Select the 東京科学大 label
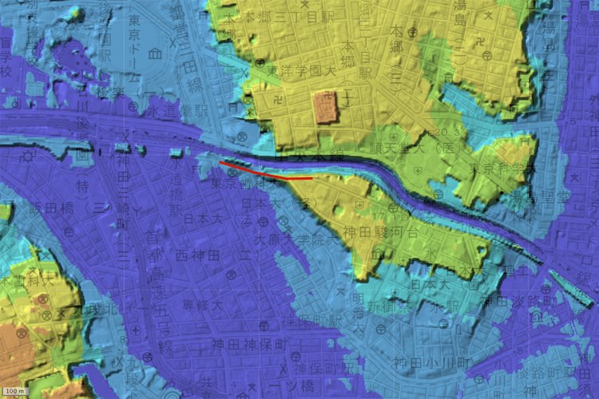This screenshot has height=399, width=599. (497, 169)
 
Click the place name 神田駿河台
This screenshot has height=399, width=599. (383, 233)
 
